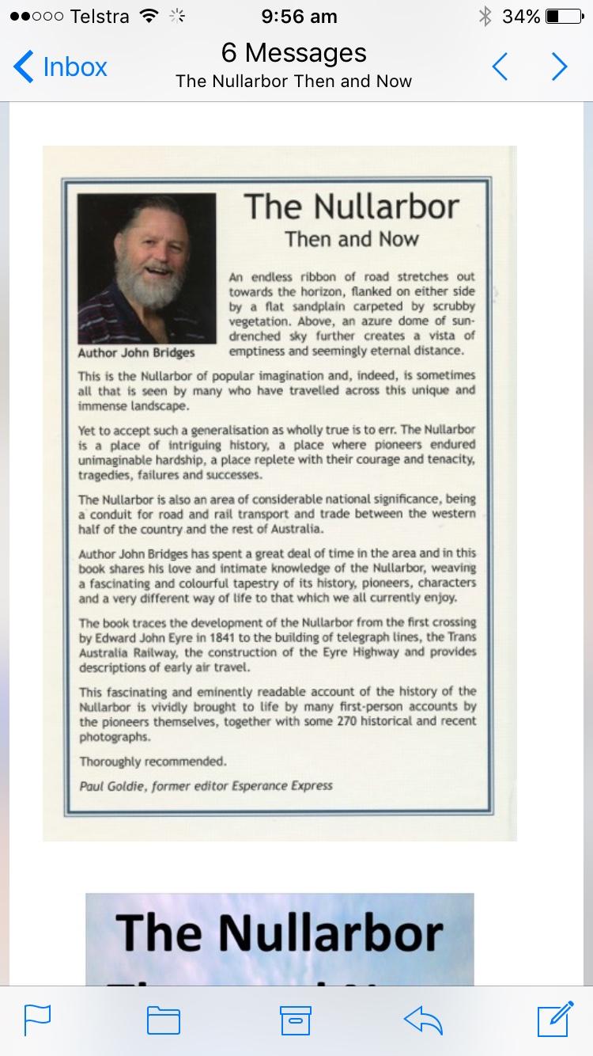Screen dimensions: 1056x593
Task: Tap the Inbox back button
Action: click(x=61, y=66)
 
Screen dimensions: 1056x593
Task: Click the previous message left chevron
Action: click(x=500, y=66)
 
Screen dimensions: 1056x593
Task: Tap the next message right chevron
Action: click(x=559, y=66)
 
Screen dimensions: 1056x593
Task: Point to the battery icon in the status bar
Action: click(x=564, y=17)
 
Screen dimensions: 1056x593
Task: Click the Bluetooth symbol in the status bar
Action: click(x=485, y=17)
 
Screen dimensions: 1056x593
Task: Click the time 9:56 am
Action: click(x=299, y=17)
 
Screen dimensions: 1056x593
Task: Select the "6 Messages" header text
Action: click(x=294, y=53)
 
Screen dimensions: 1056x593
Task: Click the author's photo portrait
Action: click(x=146, y=268)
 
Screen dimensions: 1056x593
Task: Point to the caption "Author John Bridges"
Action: click(x=136, y=352)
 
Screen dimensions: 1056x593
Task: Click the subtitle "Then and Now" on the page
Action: click(x=352, y=239)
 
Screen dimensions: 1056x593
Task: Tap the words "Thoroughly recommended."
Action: click(x=153, y=762)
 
